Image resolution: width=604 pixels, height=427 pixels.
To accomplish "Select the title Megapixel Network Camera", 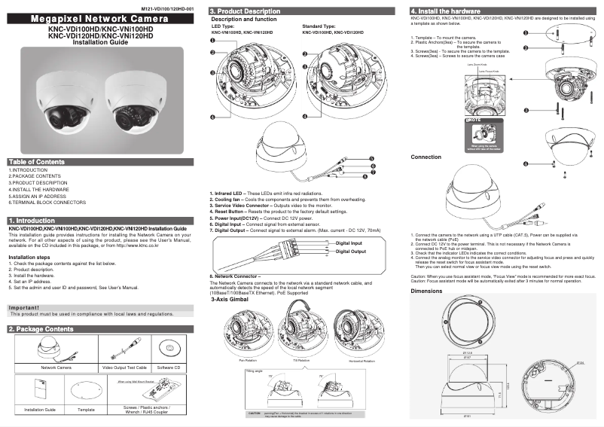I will [102, 18].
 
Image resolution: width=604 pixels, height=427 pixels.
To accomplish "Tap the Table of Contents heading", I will [36, 162].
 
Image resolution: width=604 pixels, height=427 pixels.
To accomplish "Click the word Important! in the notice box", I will [29, 307].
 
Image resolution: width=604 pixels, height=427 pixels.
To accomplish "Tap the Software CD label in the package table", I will [172, 368].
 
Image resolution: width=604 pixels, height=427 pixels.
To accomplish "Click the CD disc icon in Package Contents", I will [172, 348].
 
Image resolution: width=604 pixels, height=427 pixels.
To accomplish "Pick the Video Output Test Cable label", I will [124, 368].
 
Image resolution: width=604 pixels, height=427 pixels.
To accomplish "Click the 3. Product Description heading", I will [245, 11].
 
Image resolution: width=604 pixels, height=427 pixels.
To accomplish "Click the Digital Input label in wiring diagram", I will [349, 243].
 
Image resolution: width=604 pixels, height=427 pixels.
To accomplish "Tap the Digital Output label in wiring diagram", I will [350, 252].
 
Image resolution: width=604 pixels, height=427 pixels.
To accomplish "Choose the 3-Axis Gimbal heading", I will [231, 300].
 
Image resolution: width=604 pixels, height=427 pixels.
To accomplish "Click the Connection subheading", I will [426, 157].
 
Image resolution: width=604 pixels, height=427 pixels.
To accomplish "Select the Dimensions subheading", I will [426, 290].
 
